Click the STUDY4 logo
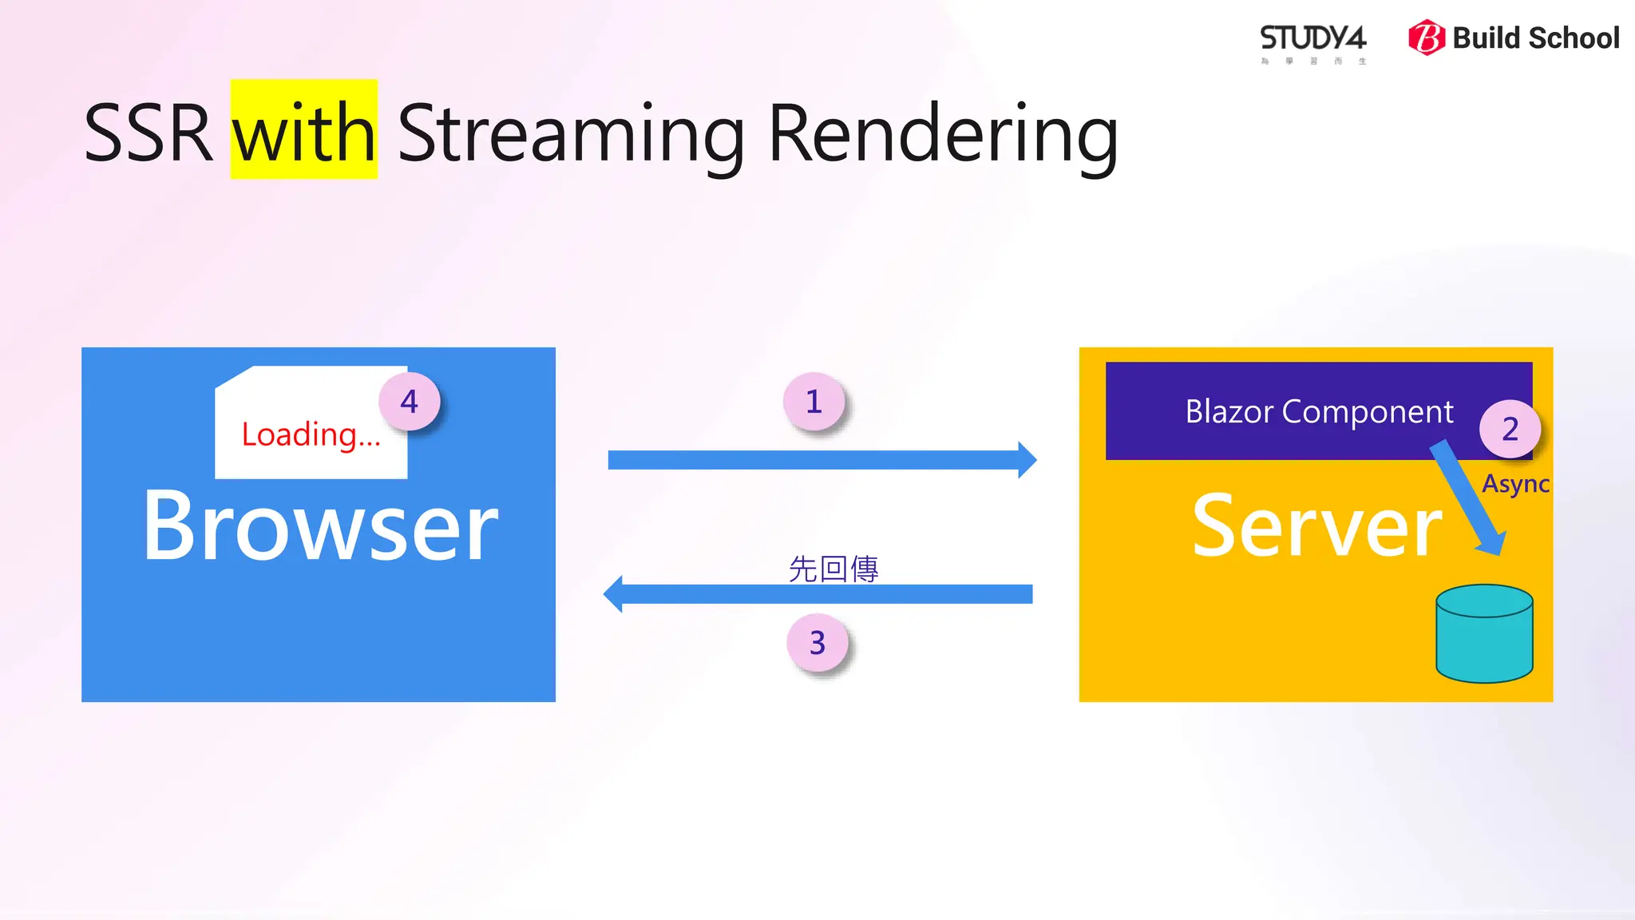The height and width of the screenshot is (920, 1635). click(x=1312, y=40)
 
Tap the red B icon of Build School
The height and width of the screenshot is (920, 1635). click(x=1427, y=38)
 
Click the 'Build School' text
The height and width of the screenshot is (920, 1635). click(x=1535, y=38)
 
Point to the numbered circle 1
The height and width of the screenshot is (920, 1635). click(x=814, y=402)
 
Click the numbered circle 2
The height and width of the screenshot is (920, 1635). click(x=1510, y=429)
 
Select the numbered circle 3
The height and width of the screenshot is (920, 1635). click(x=817, y=643)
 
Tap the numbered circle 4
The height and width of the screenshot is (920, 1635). click(x=409, y=401)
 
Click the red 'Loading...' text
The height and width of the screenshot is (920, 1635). click(x=311, y=435)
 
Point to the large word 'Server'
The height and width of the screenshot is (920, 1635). click(x=1317, y=527)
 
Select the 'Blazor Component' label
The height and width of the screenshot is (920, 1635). click(x=1319, y=411)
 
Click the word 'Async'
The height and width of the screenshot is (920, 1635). click(x=1515, y=484)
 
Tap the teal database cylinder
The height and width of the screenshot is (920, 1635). click(x=1484, y=635)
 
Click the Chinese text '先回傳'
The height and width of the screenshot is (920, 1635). click(x=833, y=569)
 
